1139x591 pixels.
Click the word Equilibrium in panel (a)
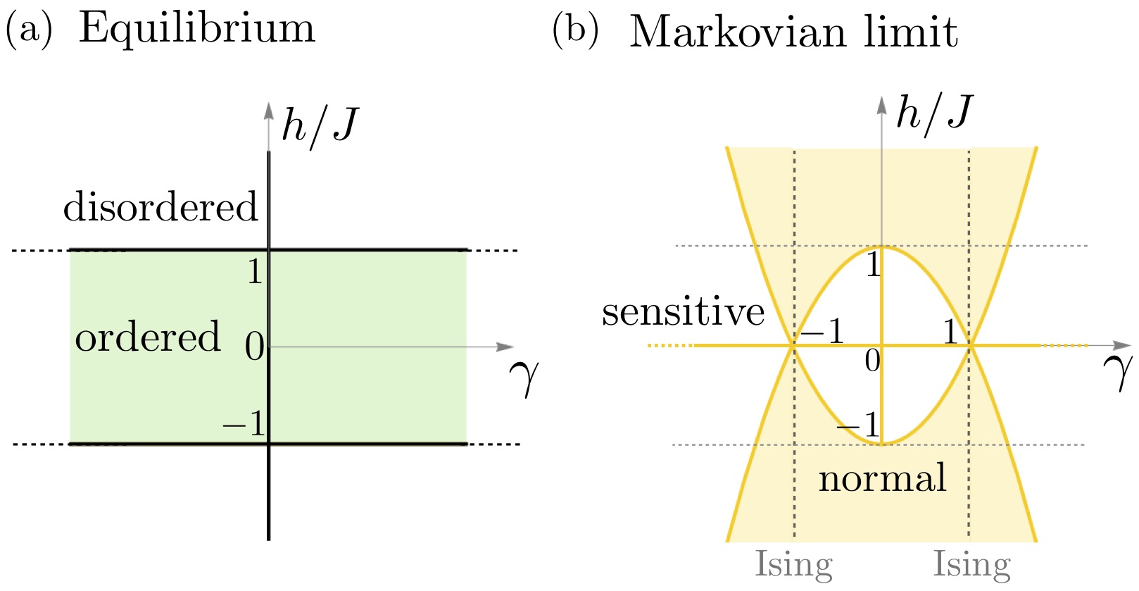coord(196,30)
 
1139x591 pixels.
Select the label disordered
coord(161,207)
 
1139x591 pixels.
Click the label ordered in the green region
coord(148,337)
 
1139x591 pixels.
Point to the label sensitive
coord(683,311)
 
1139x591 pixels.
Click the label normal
coord(882,478)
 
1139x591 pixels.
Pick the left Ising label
coord(793,564)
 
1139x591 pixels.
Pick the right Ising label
coord(972,564)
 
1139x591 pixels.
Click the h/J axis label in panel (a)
coord(320,125)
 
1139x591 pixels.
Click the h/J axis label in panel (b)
coord(934,113)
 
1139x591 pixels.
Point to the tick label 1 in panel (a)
coord(255,271)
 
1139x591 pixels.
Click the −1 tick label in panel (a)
coord(244,423)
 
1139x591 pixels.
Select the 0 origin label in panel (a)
coord(254,347)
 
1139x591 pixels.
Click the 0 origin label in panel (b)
coord(872,361)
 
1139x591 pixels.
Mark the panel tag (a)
coord(29,30)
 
